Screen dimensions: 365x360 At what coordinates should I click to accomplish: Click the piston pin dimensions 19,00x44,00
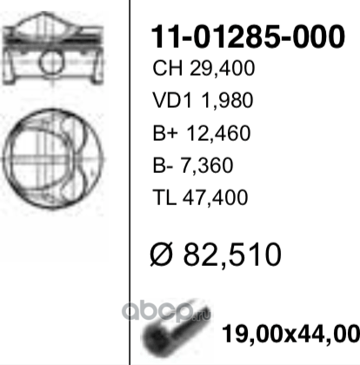pos(290,334)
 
